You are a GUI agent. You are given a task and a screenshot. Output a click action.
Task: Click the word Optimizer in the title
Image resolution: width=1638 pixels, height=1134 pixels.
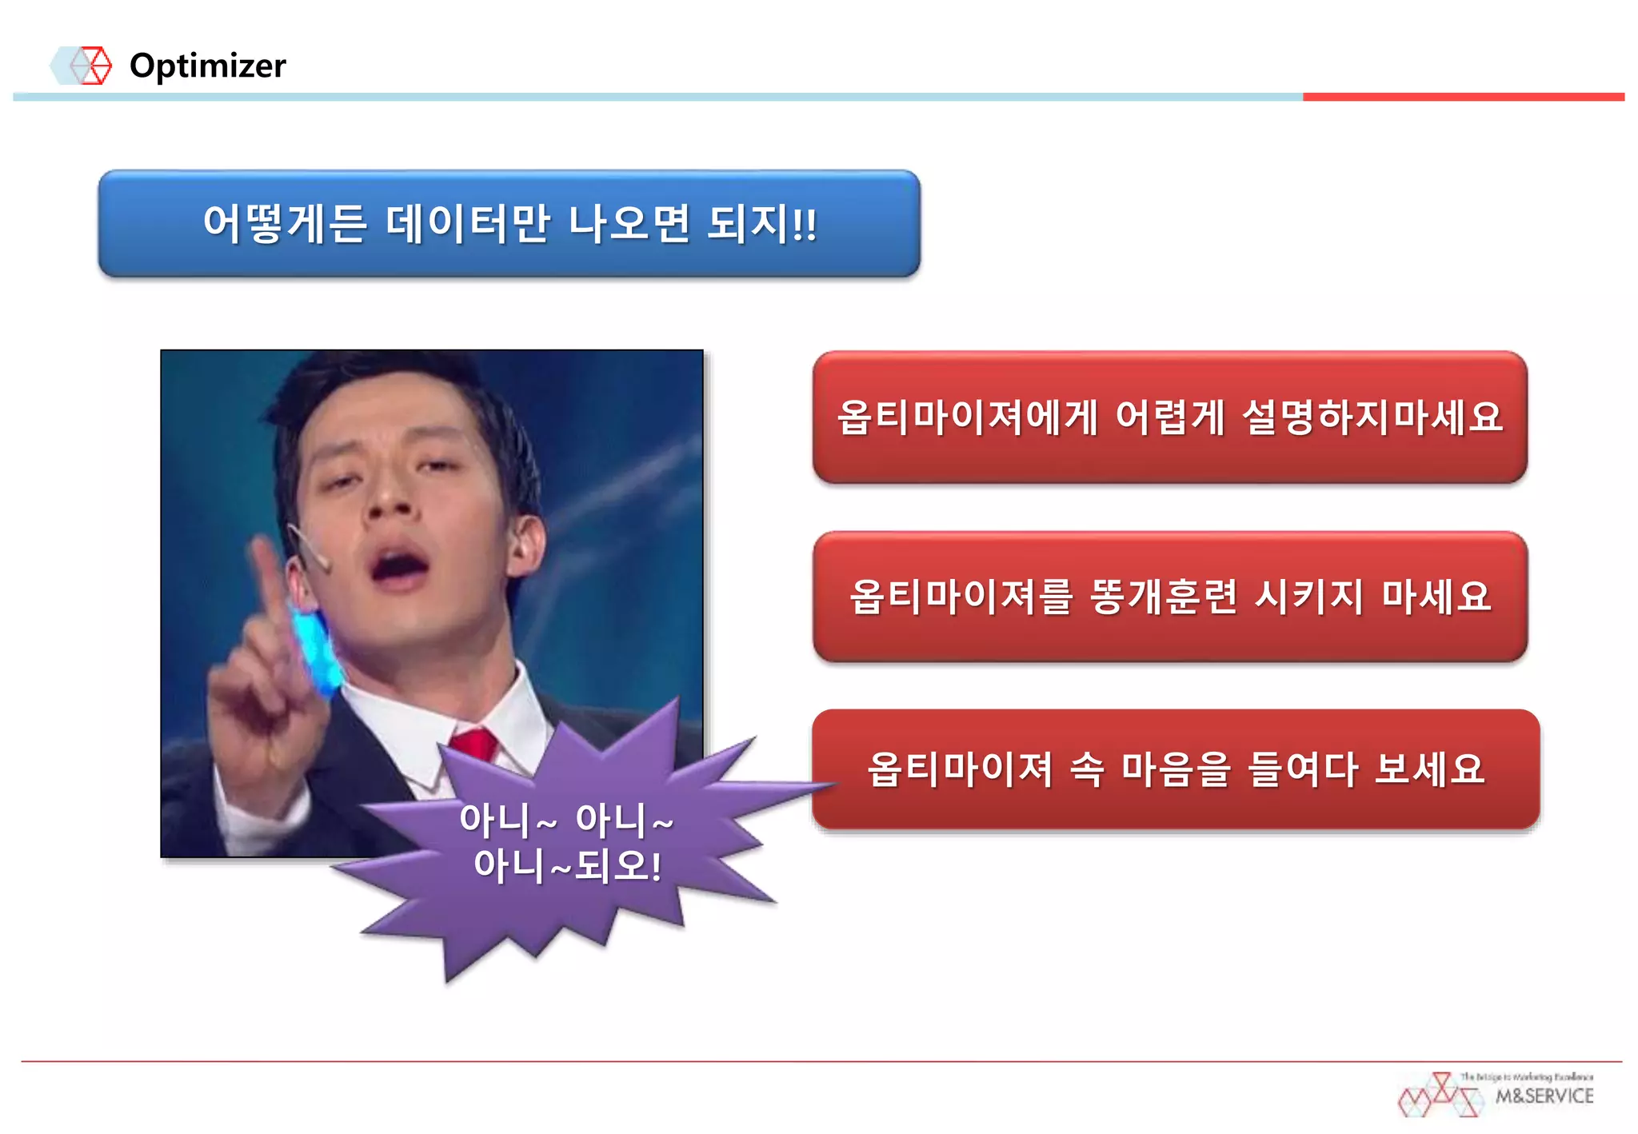(207, 66)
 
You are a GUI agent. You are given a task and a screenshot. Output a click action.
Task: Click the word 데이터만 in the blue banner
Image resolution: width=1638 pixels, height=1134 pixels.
(468, 223)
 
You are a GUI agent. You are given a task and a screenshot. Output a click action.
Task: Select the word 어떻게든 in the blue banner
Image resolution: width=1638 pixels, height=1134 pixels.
(285, 223)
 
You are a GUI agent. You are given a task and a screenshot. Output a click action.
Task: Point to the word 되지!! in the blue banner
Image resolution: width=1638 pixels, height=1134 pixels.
(762, 223)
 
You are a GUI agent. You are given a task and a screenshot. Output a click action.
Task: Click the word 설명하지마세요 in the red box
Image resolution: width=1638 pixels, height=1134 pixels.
(1372, 417)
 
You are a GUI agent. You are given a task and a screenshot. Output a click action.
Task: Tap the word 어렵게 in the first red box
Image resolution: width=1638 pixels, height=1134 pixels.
(1169, 417)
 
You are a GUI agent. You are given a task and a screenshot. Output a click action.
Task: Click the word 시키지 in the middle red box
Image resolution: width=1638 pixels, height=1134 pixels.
(1308, 597)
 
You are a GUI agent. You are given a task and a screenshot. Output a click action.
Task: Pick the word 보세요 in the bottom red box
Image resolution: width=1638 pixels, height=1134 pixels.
(1429, 769)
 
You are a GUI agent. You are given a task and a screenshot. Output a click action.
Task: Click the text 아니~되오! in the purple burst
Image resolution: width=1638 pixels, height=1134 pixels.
(567, 866)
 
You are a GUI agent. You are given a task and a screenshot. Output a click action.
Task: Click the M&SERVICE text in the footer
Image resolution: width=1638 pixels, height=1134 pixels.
(1544, 1096)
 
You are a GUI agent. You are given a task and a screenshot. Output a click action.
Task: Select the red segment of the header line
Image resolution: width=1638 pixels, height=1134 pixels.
(1463, 97)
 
